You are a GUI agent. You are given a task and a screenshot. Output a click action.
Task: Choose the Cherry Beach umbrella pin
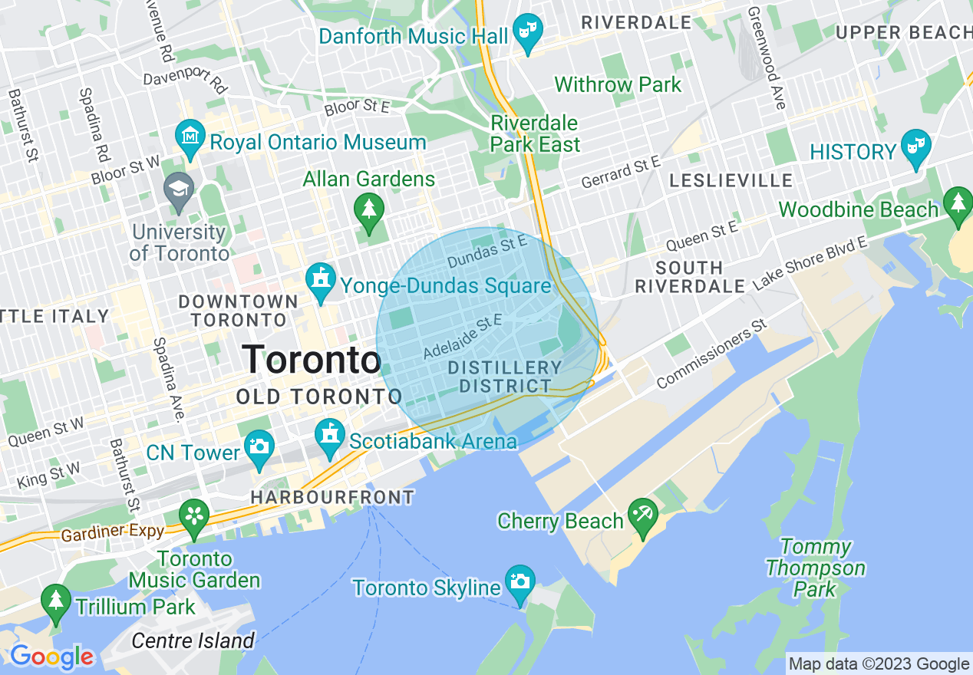coord(642,516)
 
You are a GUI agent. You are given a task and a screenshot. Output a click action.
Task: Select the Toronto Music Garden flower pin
coord(195,517)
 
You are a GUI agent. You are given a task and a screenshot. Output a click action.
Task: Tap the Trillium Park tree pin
coord(55,601)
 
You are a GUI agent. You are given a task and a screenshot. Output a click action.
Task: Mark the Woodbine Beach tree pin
coord(958,205)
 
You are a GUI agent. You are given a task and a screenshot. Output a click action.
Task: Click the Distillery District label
coord(504,377)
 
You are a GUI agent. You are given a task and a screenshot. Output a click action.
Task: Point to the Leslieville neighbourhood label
coord(731,180)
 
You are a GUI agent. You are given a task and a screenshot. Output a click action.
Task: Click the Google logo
coord(51,657)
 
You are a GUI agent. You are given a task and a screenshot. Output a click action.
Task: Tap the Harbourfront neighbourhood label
coord(332,497)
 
